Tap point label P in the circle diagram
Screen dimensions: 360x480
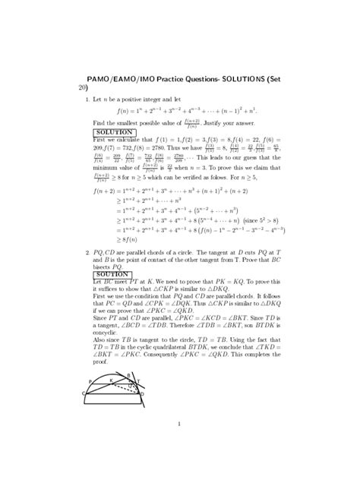[90, 382]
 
